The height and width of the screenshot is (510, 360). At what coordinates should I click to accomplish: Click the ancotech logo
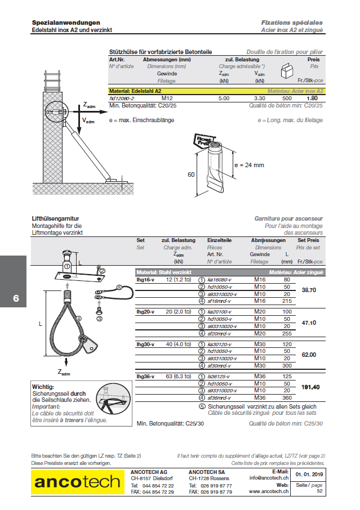(x=78, y=481)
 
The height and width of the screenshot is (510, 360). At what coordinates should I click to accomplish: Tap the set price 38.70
(x=309, y=290)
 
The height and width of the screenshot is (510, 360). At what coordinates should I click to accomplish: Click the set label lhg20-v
(x=145, y=311)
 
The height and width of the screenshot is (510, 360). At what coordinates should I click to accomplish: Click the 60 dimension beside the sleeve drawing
(x=191, y=175)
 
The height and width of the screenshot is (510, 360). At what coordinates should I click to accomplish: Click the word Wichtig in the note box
(x=43, y=387)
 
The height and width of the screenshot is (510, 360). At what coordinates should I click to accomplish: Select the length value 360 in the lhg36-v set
(x=287, y=397)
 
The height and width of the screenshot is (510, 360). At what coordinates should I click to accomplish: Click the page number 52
(x=319, y=491)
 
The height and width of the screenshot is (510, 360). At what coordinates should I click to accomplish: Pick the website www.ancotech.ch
(x=268, y=491)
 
